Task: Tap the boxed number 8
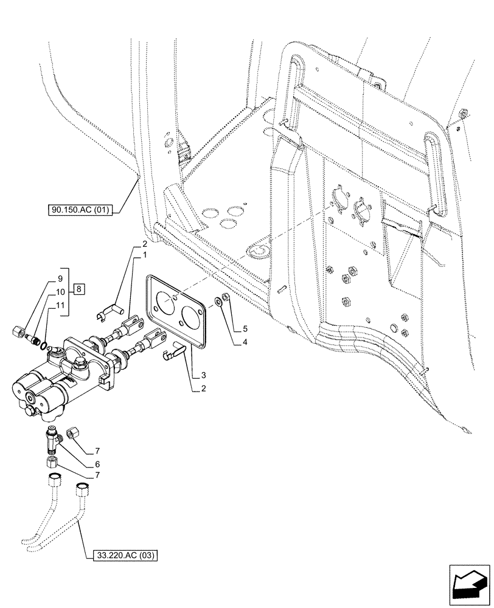click(x=80, y=289)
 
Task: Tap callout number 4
click(x=245, y=342)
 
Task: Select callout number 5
click(x=245, y=329)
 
